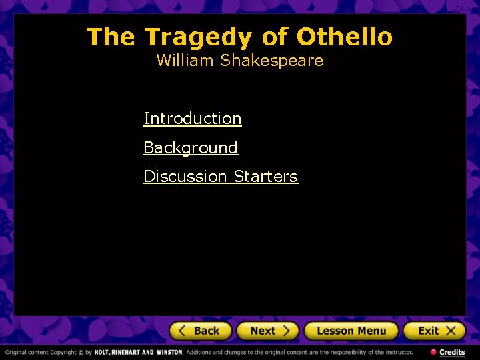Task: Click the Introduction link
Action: tap(192, 119)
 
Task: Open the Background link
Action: tap(190, 147)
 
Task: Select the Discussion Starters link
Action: tap(220, 177)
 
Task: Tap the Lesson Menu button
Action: tap(351, 331)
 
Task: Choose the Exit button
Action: tap(433, 331)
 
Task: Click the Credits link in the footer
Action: tap(452, 352)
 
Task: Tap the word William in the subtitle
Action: tap(186, 61)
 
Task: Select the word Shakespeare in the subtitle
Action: tap(271, 61)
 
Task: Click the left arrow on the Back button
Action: tap(183, 331)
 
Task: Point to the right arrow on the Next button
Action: tap(286, 331)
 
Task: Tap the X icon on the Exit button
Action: tap(451, 331)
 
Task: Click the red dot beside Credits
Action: tap(433, 352)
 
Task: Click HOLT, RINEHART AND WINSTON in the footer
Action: tap(138, 352)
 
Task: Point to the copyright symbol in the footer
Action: tap(81, 352)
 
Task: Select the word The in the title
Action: tap(110, 37)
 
